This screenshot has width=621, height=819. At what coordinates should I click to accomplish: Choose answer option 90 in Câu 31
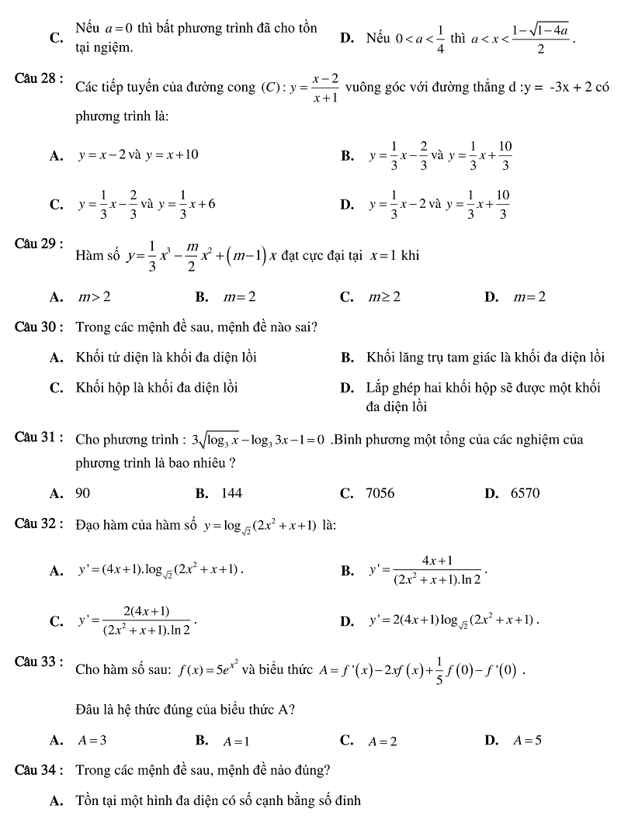click(83, 493)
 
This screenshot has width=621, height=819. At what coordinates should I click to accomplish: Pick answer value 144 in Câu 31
click(231, 493)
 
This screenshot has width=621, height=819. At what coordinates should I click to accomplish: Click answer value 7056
click(380, 493)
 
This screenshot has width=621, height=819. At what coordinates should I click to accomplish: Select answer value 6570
click(526, 493)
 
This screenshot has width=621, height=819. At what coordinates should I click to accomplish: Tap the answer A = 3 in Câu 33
click(92, 740)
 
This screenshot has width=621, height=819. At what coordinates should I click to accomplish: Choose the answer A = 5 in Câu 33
click(528, 740)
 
